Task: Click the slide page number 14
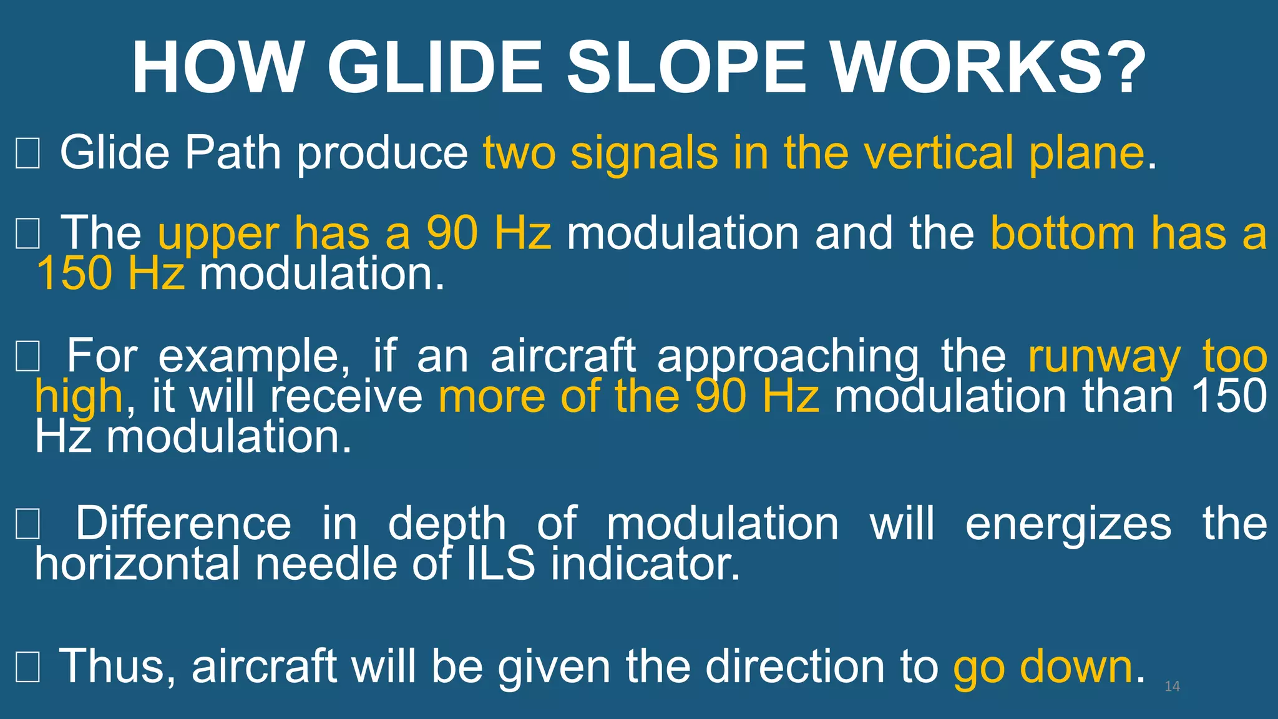click(x=1172, y=687)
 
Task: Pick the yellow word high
click(x=79, y=398)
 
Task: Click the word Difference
click(x=183, y=523)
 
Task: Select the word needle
click(x=326, y=564)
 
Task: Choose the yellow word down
click(x=1076, y=667)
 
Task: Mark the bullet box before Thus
click(x=27, y=667)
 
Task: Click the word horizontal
click(x=137, y=564)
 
